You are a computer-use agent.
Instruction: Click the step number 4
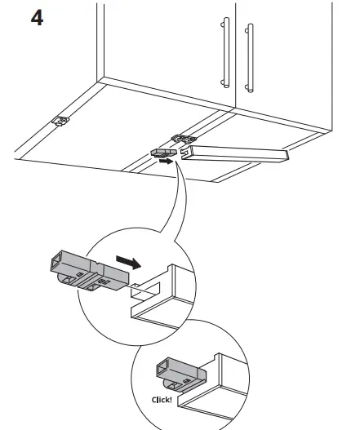[x=37, y=17]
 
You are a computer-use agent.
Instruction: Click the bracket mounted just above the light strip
[x=182, y=140]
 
